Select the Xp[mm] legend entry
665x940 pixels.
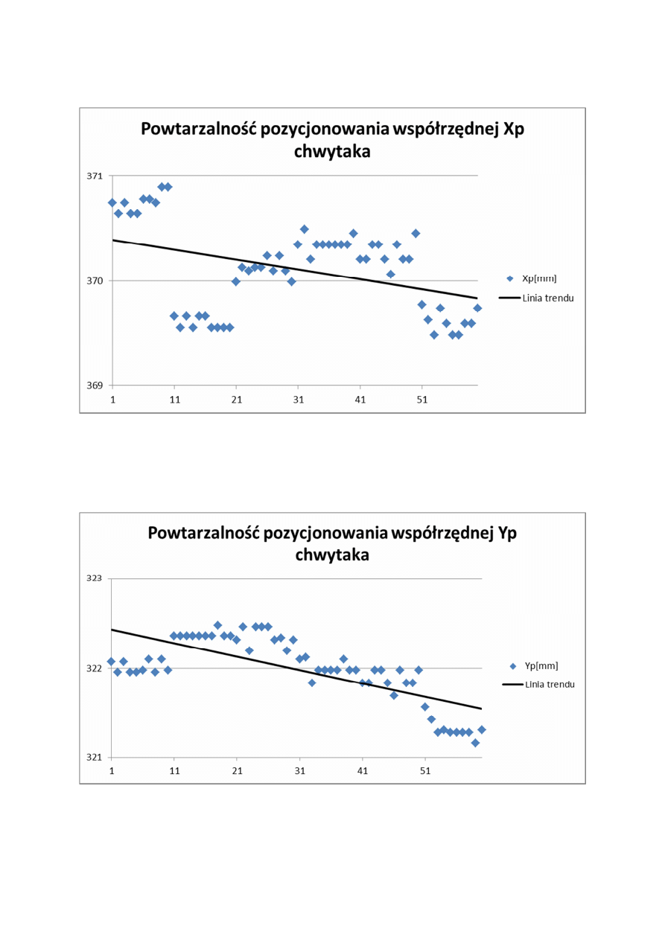536,278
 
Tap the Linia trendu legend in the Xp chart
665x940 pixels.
548,298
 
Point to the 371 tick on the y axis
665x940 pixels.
95,176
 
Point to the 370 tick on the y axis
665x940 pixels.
95,281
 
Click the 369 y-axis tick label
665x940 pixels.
95,386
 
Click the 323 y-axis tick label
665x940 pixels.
95,578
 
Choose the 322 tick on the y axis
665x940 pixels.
95,668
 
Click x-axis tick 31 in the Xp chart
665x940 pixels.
298,399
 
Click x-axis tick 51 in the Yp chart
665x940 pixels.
424,771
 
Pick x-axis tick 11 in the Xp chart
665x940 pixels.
174,399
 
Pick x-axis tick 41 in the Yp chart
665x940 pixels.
362,771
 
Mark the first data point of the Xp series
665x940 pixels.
112,202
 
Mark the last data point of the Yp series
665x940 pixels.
482,729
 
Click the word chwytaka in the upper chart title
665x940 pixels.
332,152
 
